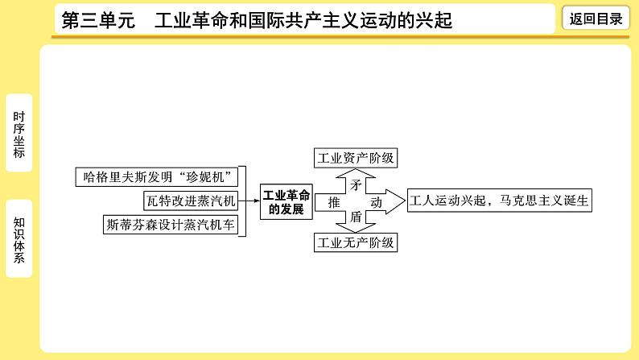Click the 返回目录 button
coord(596,19)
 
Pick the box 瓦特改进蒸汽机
coord(190,201)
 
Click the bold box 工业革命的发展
coord(285,201)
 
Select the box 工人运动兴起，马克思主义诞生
coord(500,201)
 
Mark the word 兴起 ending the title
coord(434,20)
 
